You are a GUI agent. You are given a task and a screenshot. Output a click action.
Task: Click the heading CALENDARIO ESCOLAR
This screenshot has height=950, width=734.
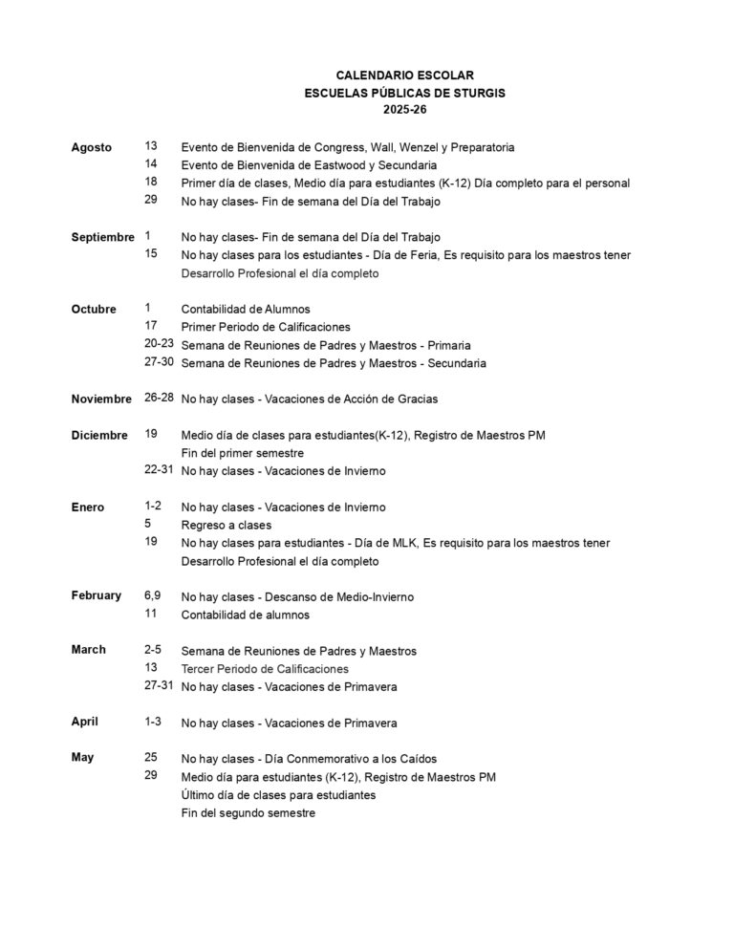tap(404, 75)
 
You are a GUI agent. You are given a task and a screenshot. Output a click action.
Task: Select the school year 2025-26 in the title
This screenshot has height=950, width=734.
tap(404, 110)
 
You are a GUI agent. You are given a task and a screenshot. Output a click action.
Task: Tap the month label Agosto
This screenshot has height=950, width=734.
tap(92, 147)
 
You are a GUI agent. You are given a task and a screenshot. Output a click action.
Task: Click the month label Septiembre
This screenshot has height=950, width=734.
tap(103, 236)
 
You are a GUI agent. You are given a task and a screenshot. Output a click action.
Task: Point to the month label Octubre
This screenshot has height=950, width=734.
tap(94, 309)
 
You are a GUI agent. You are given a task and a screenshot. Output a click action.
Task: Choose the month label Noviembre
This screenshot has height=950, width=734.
tap(101, 399)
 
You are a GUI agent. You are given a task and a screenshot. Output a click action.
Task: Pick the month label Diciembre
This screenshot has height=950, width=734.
tap(99, 435)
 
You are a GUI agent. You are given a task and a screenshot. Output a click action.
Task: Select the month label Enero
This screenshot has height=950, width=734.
tap(88, 507)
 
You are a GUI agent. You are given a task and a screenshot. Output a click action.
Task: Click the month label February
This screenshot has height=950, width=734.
tap(97, 595)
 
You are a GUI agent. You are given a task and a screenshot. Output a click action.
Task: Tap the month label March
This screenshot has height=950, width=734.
tap(89, 650)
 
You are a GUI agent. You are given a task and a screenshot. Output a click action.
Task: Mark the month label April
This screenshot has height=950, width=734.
tap(85, 722)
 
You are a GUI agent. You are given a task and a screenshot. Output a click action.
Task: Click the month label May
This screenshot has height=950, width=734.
tap(83, 758)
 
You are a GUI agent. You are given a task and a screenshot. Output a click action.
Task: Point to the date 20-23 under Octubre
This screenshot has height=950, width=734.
tap(159, 344)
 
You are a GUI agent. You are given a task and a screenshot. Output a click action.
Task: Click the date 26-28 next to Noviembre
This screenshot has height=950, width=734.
tap(159, 398)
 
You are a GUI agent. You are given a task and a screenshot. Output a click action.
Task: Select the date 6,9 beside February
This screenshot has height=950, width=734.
tap(153, 595)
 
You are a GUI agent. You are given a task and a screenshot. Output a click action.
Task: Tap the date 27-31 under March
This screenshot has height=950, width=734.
tap(159, 686)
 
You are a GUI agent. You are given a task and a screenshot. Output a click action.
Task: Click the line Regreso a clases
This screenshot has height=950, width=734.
tap(227, 525)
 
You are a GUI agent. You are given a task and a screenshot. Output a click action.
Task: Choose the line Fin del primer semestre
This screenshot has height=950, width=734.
tap(243, 453)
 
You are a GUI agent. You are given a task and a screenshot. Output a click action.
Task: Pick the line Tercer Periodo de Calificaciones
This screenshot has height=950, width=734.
tap(265, 669)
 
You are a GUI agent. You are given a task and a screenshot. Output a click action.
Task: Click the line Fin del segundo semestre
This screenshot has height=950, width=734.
tap(248, 813)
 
